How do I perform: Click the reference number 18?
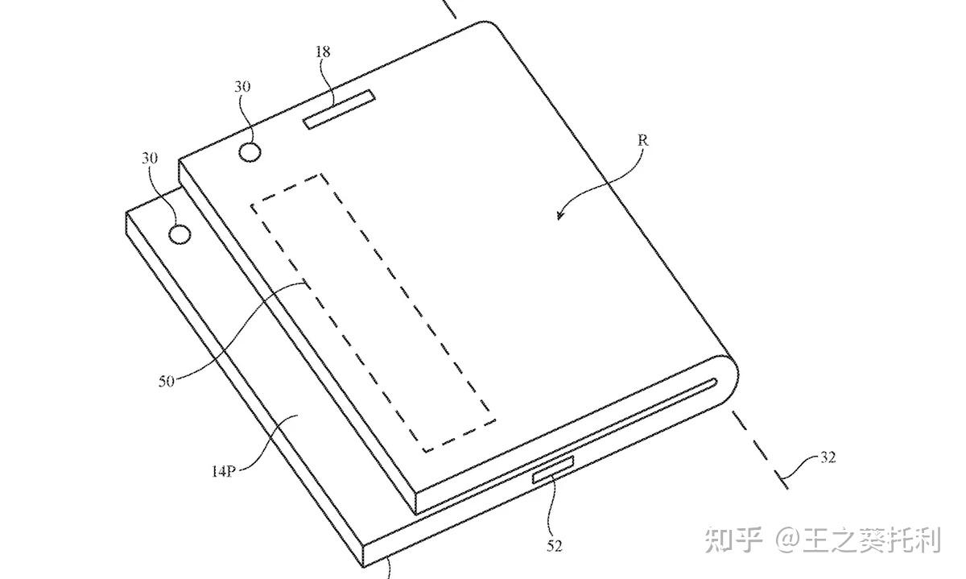[323, 52]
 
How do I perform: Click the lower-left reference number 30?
[150, 159]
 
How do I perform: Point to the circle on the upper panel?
[251, 151]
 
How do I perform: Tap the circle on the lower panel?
[180, 234]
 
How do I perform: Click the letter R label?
[642, 140]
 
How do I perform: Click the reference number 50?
[167, 382]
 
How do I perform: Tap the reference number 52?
[555, 547]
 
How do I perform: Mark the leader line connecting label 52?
[551, 507]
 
